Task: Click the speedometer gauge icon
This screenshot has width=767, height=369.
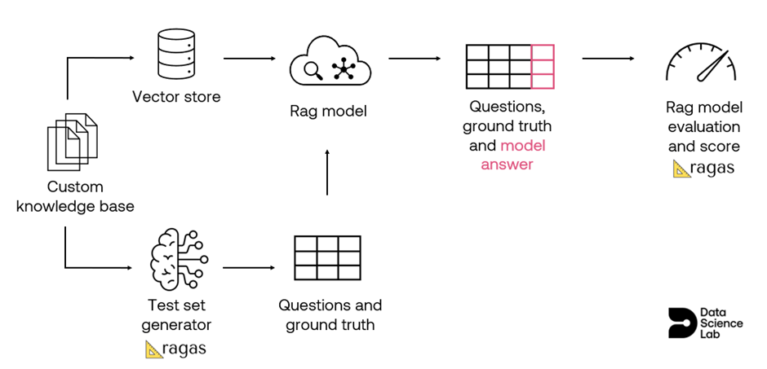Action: pos(700,65)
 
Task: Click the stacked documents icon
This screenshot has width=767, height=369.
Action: pos(73,142)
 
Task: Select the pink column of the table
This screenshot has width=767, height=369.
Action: pos(543,66)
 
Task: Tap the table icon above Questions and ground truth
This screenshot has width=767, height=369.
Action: pos(327,257)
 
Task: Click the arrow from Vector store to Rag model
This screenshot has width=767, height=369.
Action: pos(250,59)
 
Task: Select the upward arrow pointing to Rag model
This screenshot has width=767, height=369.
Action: pos(327,173)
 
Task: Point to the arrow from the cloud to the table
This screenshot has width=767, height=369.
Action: pos(415,59)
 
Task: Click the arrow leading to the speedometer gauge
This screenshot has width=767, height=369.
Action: pos(608,59)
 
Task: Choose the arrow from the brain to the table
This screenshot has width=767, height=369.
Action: pos(249,267)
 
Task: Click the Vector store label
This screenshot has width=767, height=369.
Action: pos(176,97)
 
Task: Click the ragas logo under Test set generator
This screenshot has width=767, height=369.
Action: pos(175,349)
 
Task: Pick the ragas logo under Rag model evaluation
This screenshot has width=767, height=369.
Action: pos(703,168)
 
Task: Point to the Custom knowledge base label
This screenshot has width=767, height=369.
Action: pos(75,196)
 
